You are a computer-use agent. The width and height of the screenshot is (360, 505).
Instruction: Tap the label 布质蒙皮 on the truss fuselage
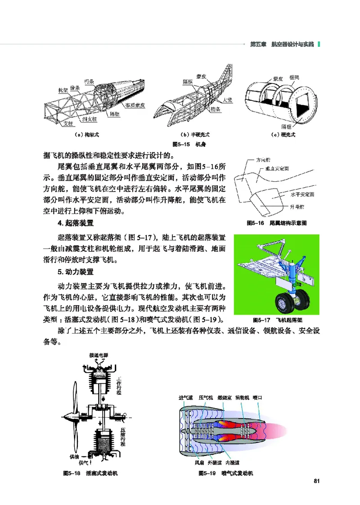135,105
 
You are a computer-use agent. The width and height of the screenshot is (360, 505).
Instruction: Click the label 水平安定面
302,194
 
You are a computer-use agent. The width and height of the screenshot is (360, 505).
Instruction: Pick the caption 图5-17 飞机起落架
277,320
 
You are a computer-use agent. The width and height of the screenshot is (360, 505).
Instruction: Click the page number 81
316,482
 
